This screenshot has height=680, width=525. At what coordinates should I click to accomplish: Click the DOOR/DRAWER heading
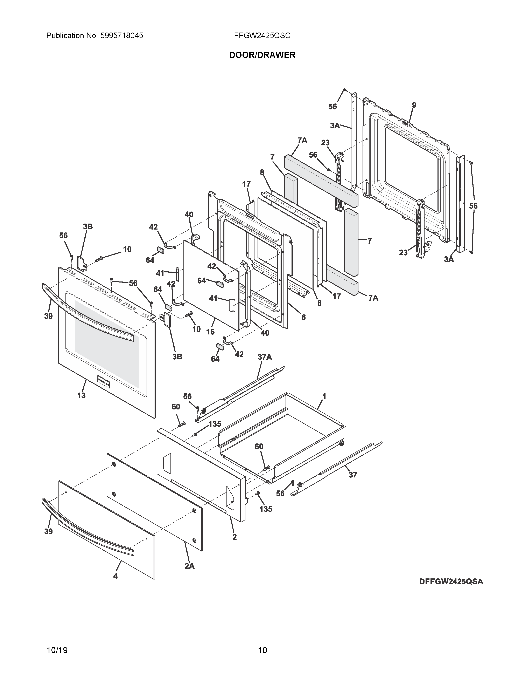262,55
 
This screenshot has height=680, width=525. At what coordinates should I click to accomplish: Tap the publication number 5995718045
122,35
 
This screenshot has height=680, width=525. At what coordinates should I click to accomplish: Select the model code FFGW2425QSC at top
262,35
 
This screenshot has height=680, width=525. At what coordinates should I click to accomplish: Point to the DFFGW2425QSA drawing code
451,582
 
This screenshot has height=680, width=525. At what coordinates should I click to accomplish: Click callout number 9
414,105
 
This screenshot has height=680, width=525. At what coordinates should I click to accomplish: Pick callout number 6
303,317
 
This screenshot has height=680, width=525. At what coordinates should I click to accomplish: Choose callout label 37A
265,357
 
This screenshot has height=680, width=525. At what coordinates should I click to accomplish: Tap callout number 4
115,576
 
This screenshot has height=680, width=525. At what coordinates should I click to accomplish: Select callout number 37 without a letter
353,475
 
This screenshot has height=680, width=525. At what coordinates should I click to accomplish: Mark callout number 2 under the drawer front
234,537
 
